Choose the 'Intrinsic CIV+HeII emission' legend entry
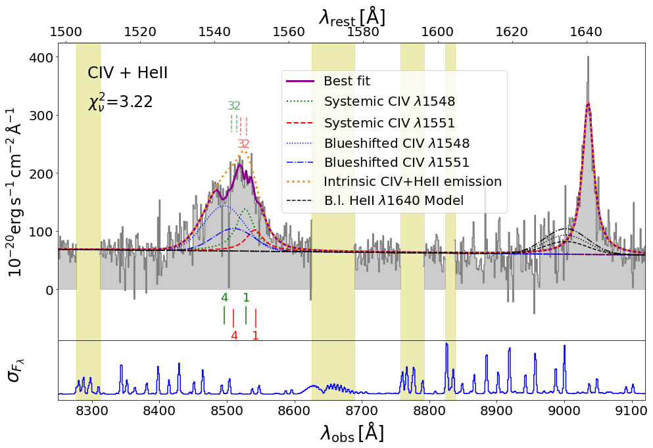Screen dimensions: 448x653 413,181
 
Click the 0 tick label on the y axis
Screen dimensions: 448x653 45,290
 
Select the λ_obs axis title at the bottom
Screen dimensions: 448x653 352,433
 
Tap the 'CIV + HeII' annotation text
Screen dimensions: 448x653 128,74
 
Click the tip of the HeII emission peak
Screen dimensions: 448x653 588,103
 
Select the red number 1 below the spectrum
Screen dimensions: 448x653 255,335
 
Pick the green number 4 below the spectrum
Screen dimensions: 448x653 224,297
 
